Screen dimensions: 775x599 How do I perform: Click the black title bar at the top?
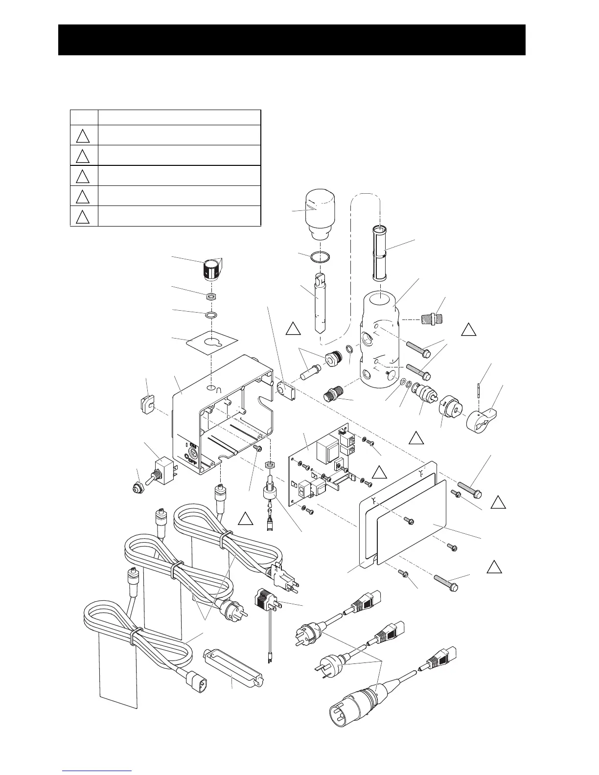click(x=292, y=40)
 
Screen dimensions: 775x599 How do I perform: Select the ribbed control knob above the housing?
click(x=211, y=270)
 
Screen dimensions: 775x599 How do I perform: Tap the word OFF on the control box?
click(x=191, y=460)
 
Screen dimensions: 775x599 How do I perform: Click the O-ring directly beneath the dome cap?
click(x=319, y=256)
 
